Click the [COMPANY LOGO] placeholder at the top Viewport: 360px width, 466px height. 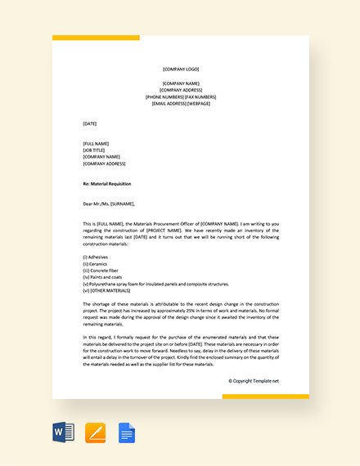pos(180,69)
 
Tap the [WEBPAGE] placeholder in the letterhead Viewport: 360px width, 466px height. pos(199,104)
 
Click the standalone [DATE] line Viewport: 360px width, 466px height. pos(90,123)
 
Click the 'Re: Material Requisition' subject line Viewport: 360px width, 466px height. pos(107,184)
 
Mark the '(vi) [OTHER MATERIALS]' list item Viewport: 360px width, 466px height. pos(107,290)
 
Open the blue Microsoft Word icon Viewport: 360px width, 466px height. pos(63,432)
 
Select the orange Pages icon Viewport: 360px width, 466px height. pos(96,432)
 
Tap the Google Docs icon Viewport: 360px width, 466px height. pos(127,432)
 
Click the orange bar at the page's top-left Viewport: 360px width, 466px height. pos(96,38)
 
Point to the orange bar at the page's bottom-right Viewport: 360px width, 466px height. pos(266,397)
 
